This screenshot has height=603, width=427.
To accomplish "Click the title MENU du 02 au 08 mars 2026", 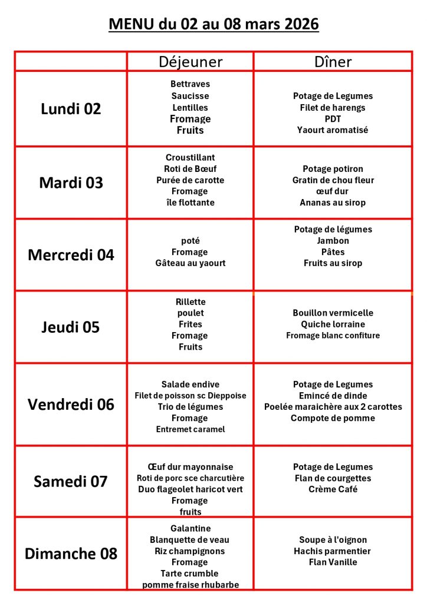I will (213, 25).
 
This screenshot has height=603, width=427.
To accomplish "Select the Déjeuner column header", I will (190, 62).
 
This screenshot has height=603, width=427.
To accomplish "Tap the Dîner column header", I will (333, 62).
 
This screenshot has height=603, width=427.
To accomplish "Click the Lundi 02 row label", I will (71, 109).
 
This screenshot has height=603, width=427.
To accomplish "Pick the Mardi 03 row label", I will (71, 183).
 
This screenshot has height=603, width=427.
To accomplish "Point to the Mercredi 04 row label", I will (71, 255).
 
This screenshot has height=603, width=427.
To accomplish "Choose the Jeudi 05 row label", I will (71, 327).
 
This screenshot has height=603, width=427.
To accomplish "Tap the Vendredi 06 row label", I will (71, 405).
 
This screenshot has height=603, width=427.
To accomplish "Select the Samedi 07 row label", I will (71, 482).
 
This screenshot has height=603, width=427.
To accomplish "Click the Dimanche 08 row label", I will (71, 554).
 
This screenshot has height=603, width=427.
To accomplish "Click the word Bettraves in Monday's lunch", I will (190, 84).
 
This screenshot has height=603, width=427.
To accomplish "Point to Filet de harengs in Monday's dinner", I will (333, 107).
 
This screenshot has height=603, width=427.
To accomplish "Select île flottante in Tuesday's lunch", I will (190, 203).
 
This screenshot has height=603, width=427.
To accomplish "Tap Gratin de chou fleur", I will (333, 180).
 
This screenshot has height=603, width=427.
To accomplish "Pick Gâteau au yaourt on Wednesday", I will (190, 263).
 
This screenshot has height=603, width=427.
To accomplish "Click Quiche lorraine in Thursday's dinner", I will (333, 324).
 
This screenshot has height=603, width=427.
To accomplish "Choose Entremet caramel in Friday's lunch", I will (190, 429).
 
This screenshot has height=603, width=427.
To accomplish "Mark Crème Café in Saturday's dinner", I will (333, 489).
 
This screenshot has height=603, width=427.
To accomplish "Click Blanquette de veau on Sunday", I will (190, 539).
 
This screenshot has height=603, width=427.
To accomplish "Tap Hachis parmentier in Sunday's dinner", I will (333, 551).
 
